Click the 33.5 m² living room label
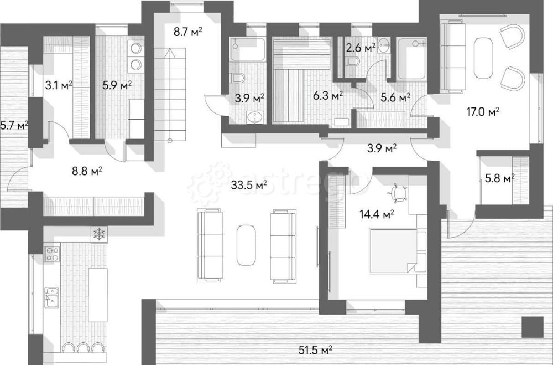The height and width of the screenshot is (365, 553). coord(249,184)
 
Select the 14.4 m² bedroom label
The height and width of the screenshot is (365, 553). coord(377,214)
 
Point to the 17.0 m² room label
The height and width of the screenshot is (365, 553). coord(483,112)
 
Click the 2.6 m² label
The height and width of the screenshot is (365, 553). coord(361,48)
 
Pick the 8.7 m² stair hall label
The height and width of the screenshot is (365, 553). coord(187,32)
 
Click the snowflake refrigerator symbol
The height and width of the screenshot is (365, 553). coord(99,234)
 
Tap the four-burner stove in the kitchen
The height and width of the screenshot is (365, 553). coord(51,254)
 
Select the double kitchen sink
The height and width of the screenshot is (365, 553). coord(52,297)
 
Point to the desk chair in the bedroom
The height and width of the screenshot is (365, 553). coord(398,193)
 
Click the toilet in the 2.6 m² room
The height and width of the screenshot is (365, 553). coord(353,63)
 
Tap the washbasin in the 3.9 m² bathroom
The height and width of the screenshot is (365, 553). coord(254,117)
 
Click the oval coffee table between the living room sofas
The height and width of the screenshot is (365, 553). coord(246,244)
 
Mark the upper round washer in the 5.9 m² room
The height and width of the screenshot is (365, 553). coord(135,48)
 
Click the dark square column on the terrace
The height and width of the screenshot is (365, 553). coord(530,326)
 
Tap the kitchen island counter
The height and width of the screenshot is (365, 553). coord(98,295)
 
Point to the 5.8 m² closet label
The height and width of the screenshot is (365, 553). coord(499,178)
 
